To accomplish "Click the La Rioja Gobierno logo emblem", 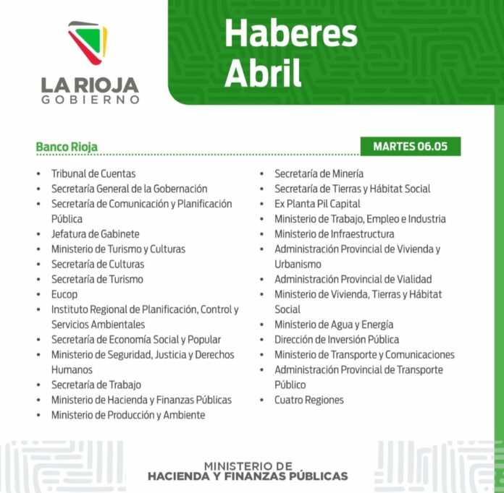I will pos(88,46).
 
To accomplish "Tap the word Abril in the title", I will pos(262,73).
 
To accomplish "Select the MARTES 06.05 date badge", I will pos(410,146).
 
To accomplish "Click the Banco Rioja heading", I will pos(67,147).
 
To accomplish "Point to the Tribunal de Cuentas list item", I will pos(93,173).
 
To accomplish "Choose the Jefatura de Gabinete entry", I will pos(95,233).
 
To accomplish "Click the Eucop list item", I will pos(64,294).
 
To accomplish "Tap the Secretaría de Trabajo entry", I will pos(96,385).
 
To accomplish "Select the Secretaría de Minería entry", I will pos(319,173).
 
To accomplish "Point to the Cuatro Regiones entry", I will pos(308,400).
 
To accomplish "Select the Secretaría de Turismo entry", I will pos(97,279).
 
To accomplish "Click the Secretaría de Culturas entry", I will pos(97,264).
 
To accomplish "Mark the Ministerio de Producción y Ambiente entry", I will pos(127,415).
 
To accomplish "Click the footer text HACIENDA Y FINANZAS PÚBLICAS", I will pos(248,476).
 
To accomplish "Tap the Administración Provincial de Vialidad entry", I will pos(353,279).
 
